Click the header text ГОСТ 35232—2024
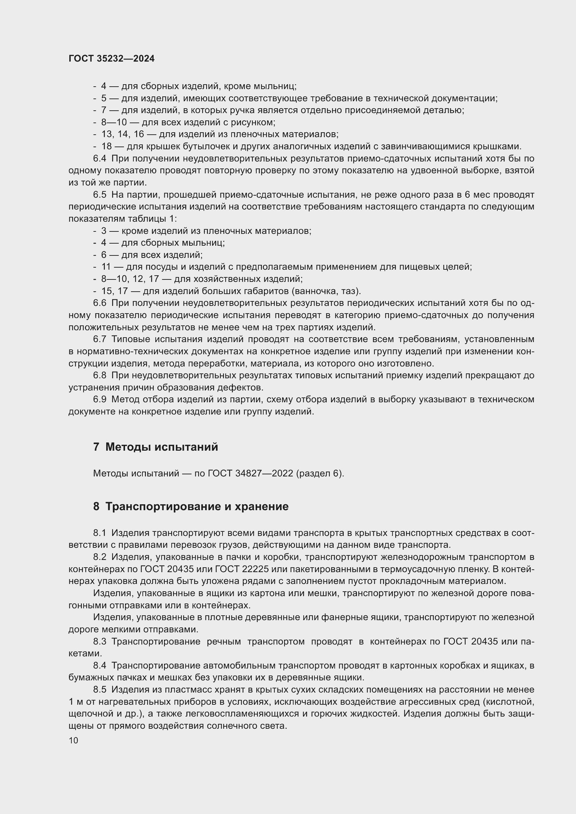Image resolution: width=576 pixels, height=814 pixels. pos(111,58)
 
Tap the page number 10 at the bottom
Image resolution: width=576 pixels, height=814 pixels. pos(73,740)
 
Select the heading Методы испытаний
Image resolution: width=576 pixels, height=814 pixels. pos(161,447)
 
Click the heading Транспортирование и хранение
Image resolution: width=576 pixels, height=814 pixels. pos(197,506)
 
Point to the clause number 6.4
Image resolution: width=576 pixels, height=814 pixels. pos(100,158)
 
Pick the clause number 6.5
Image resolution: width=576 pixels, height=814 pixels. pos(100,195)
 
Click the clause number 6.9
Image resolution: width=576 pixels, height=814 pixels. pos(100,399)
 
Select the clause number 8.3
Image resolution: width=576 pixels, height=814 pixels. pos(100,641)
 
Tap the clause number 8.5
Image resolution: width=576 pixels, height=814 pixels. pos(100,689)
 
